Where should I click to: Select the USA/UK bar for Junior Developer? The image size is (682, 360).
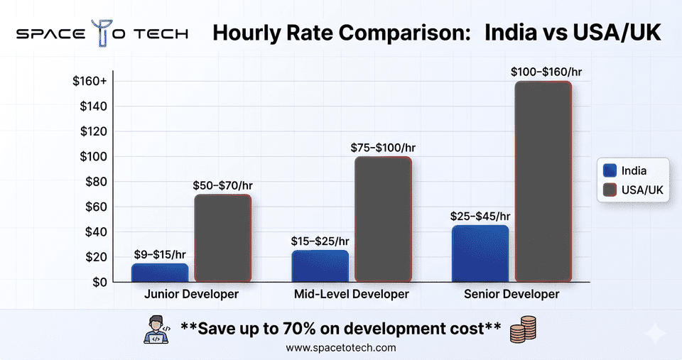222,239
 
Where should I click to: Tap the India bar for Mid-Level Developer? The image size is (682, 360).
320,266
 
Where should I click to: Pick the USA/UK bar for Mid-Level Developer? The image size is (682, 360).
383,219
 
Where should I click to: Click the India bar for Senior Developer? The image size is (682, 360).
480,253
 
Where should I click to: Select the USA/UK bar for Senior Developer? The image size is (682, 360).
543,182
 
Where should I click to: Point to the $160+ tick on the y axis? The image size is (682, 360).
90,82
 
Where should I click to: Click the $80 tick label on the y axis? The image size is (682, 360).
95,182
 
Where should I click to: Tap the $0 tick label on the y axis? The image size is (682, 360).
99,282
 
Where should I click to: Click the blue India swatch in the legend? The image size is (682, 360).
609,170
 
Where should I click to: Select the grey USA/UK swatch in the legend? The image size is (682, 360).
609,190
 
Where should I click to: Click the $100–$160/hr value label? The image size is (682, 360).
542,72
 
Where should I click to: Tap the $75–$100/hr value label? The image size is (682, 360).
383,148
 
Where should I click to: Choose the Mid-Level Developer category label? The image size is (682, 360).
352,294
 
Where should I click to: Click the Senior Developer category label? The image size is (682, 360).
511,294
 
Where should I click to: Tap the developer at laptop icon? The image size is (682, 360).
158,329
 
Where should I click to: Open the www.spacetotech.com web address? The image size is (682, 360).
340,348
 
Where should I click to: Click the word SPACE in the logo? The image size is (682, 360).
50,34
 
